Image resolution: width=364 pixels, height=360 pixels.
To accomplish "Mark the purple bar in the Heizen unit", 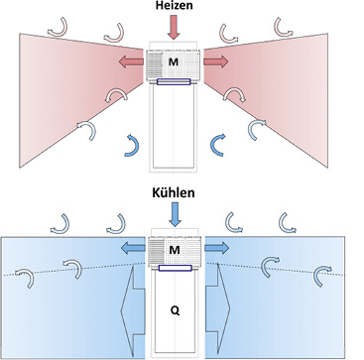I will point(175,82).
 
